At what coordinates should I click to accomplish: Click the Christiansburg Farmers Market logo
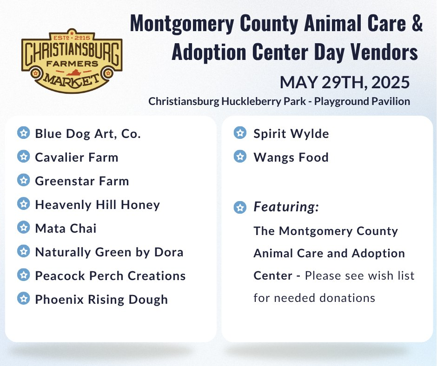click(72, 61)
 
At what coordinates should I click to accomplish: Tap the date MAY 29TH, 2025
click(345, 83)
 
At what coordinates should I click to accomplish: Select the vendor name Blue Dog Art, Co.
click(88, 134)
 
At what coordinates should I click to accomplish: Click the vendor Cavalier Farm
click(77, 157)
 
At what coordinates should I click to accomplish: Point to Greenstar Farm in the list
click(82, 181)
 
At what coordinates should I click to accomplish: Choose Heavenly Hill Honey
click(98, 205)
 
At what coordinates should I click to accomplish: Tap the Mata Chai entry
click(66, 229)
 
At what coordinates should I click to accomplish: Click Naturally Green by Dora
click(109, 252)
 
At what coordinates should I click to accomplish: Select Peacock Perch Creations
click(110, 276)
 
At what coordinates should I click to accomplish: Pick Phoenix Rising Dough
click(101, 300)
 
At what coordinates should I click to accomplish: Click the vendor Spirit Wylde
click(291, 134)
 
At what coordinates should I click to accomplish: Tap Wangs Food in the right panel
click(291, 157)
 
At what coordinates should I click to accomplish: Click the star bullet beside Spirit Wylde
click(240, 133)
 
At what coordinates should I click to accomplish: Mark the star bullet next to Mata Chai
click(23, 227)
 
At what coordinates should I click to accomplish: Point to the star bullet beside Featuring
click(240, 207)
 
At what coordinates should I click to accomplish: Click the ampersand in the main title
click(417, 23)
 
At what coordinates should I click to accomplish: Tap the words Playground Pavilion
click(362, 101)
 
